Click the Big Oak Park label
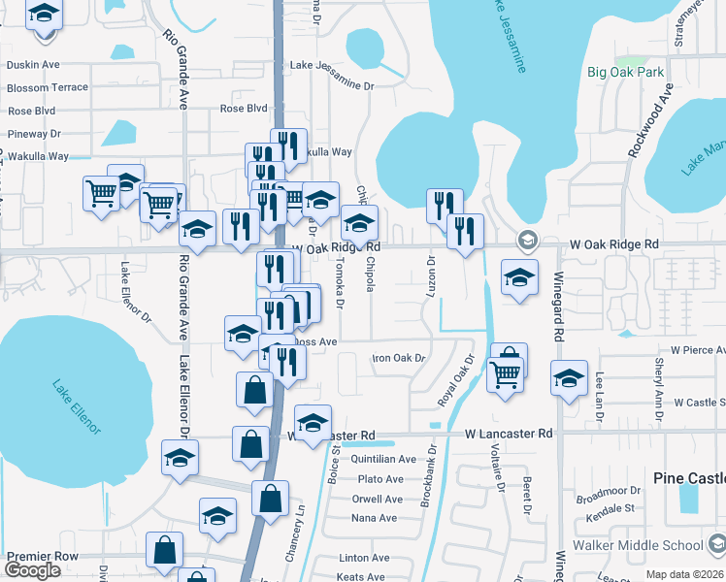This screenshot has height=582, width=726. point(625,72)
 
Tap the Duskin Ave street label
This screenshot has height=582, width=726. point(33,65)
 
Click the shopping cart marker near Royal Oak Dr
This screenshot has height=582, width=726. point(505,372)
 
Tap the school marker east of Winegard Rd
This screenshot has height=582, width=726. point(569,377)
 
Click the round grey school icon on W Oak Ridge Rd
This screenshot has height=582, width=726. point(526,240)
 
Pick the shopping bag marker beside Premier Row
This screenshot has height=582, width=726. point(165,550)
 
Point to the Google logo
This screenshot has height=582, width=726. point(31,570)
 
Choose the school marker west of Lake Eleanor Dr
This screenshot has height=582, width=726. point(180,458)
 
